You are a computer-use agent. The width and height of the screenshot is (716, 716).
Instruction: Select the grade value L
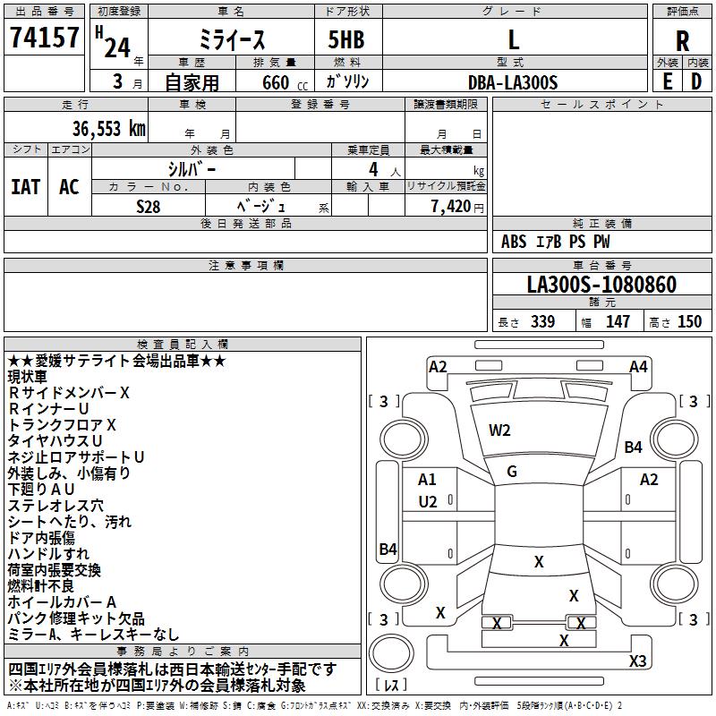pos(513,40)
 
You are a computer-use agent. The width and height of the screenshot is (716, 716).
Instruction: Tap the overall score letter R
pos(682,40)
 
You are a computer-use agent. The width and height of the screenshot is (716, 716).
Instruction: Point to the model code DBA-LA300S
pos(513,82)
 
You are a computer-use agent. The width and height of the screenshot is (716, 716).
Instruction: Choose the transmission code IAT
pos(26,187)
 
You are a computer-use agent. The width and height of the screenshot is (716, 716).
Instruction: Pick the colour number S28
pos(149,206)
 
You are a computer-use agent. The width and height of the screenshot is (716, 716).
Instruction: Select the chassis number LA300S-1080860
pos(601,286)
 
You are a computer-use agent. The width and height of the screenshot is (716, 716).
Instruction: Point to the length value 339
pos(542,322)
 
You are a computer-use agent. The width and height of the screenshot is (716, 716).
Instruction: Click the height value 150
pos(689,322)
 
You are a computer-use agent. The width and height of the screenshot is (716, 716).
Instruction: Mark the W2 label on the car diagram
pos(499,430)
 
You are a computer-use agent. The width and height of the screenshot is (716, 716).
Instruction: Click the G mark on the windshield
pos(512,471)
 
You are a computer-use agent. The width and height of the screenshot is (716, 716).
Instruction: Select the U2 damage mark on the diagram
pos(428,502)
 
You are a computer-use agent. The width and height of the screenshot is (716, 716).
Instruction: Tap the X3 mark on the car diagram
pos(637,661)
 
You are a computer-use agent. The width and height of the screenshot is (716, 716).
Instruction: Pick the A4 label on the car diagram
pos(638,366)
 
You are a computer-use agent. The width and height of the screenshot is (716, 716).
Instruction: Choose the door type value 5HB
pos(340,40)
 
